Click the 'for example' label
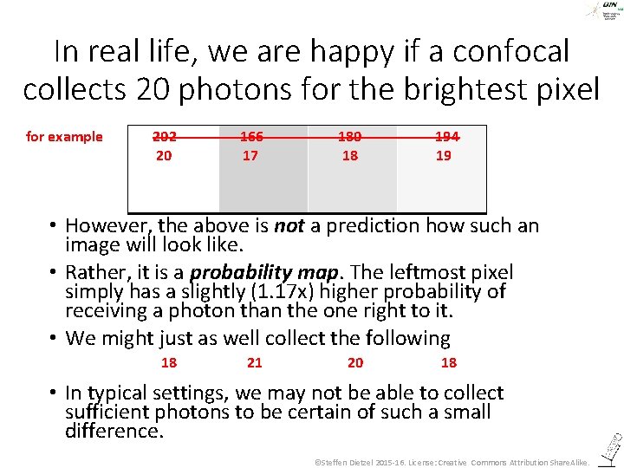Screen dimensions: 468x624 (x=64, y=136)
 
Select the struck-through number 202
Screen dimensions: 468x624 (x=164, y=136)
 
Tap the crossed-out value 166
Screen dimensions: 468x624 (x=251, y=136)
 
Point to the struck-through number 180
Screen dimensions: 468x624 (x=349, y=136)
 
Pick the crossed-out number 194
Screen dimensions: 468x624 (x=446, y=136)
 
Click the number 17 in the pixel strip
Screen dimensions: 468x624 (x=250, y=156)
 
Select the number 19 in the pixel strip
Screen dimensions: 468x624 (x=443, y=156)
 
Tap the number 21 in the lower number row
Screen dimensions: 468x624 (x=255, y=362)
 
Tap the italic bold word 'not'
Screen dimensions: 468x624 (x=289, y=227)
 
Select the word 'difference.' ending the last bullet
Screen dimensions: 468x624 (x=114, y=431)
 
